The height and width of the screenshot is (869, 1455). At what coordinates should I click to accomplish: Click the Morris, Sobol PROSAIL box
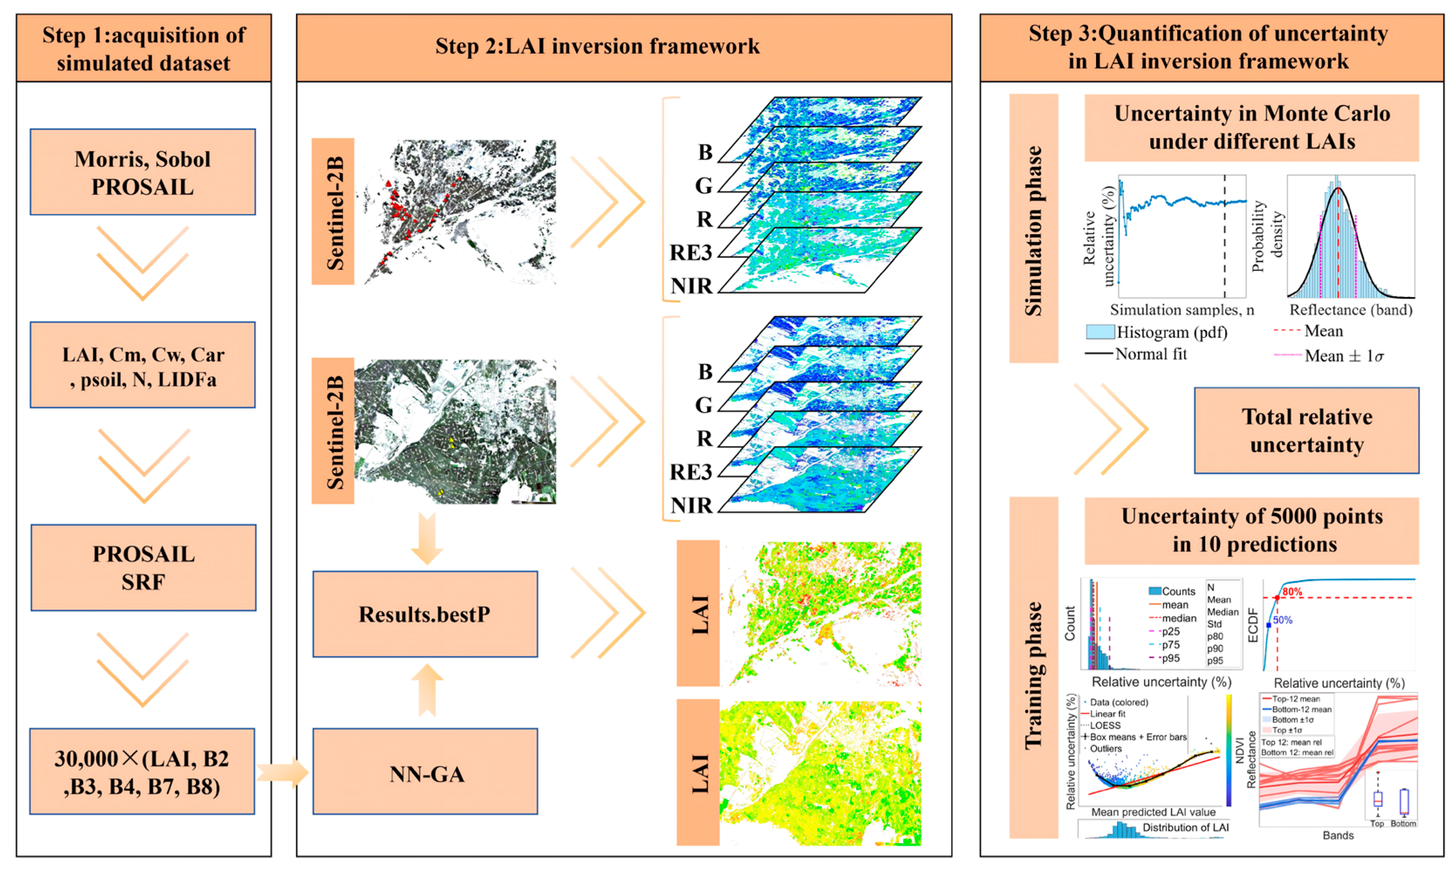pos(142,172)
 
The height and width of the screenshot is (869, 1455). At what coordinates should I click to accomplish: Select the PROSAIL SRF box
pos(143,567)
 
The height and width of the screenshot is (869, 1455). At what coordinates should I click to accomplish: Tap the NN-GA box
pos(425,771)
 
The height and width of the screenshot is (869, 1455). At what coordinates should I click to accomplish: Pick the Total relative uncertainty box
pos(1306,430)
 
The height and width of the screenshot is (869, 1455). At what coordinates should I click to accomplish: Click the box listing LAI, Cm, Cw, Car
pos(142,365)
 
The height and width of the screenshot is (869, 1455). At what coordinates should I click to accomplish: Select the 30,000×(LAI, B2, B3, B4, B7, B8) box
pos(142,771)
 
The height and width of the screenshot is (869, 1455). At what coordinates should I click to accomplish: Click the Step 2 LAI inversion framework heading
pos(598,47)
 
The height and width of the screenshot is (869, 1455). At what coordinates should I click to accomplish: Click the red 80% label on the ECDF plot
pos(1292,592)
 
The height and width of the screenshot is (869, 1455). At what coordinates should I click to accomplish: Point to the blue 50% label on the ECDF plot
pos(1283,620)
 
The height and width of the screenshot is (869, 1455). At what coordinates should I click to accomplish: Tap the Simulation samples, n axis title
pos(1182,310)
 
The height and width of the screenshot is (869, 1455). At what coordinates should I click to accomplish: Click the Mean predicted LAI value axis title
pos(1153,812)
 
